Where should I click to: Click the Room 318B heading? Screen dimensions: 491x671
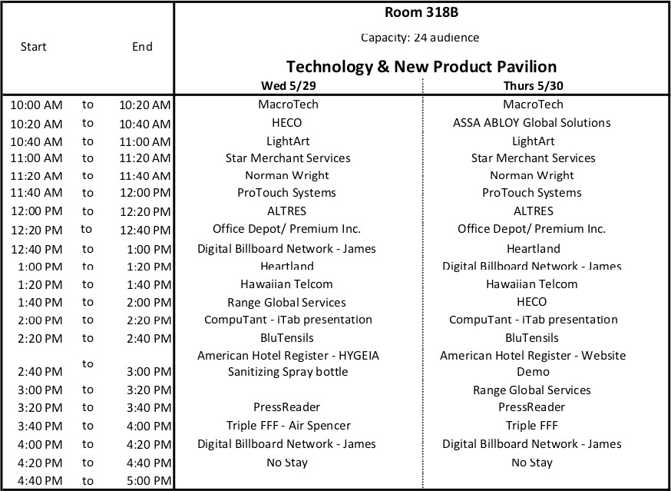(421, 12)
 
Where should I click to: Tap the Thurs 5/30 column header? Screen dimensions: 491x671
(534, 85)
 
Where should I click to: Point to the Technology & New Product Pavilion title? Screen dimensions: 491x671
(421, 66)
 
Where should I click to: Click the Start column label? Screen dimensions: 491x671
(34, 47)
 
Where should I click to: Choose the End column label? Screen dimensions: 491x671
(142, 47)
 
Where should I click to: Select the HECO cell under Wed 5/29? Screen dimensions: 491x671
(287, 123)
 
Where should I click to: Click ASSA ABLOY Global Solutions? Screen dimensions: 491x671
(532, 123)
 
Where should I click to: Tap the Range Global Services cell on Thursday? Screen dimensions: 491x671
(532, 390)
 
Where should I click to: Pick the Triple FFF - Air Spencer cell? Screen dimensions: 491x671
(288, 426)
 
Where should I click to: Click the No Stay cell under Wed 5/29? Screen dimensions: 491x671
(287, 463)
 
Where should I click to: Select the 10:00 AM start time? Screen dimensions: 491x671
(37, 105)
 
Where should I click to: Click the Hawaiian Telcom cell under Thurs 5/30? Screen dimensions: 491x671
(532, 284)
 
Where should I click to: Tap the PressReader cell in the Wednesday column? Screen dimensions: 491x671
(287, 407)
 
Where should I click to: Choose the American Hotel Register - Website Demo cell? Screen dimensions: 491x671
(532, 363)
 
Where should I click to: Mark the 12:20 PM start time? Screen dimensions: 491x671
(37, 230)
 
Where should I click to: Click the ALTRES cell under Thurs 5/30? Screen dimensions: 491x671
(532, 211)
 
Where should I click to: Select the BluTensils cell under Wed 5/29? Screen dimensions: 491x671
(287, 338)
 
